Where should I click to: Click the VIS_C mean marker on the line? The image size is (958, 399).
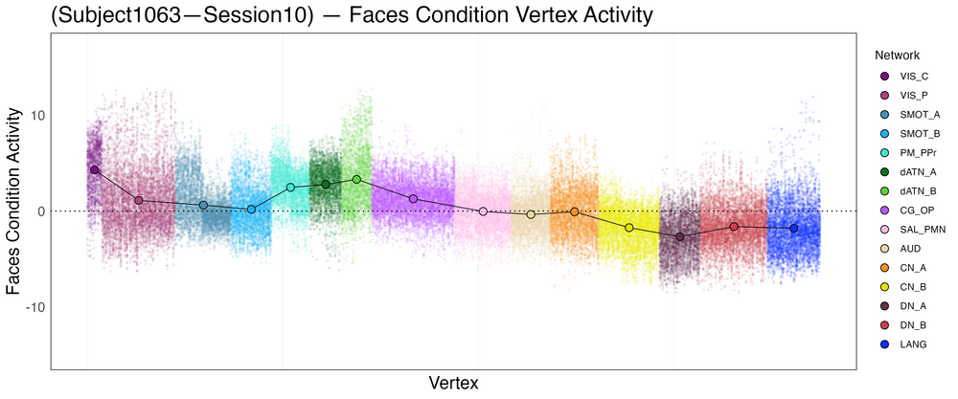[x=94, y=169]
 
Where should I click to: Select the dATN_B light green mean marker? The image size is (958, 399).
[x=356, y=179]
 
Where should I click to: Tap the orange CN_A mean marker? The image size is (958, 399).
[x=575, y=211]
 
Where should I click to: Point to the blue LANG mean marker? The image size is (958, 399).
[x=793, y=229]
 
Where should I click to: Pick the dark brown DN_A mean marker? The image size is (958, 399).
[x=680, y=236]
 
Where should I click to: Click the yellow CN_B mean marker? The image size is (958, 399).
[x=629, y=228]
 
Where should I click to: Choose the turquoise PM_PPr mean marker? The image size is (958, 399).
[x=290, y=188]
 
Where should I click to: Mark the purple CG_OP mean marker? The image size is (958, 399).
[x=413, y=199]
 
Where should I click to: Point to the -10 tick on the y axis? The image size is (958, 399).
[x=32, y=307]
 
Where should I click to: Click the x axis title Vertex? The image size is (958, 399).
[x=453, y=383]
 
